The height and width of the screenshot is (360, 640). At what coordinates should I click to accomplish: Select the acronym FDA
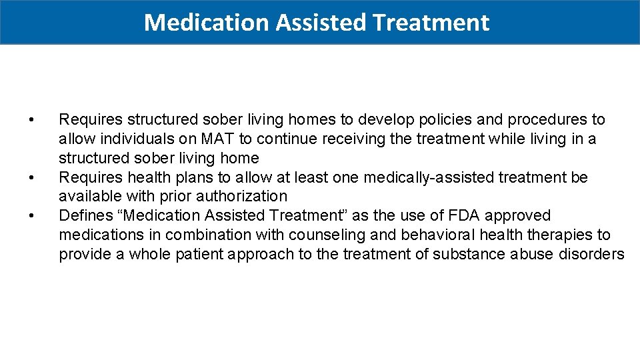pos(463,216)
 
